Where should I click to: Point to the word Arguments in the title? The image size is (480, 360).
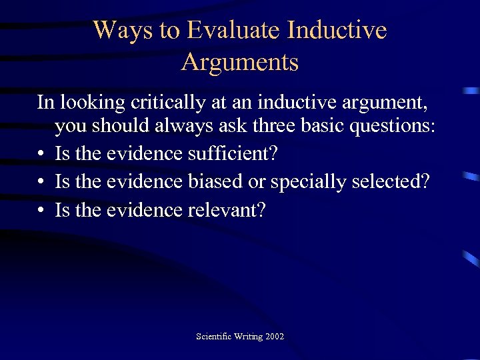pyautogui.click(x=240, y=62)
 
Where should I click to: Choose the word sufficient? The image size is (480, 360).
pyautogui.click(x=230, y=154)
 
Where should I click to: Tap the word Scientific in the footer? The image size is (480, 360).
pyautogui.click(x=212, y=336)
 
